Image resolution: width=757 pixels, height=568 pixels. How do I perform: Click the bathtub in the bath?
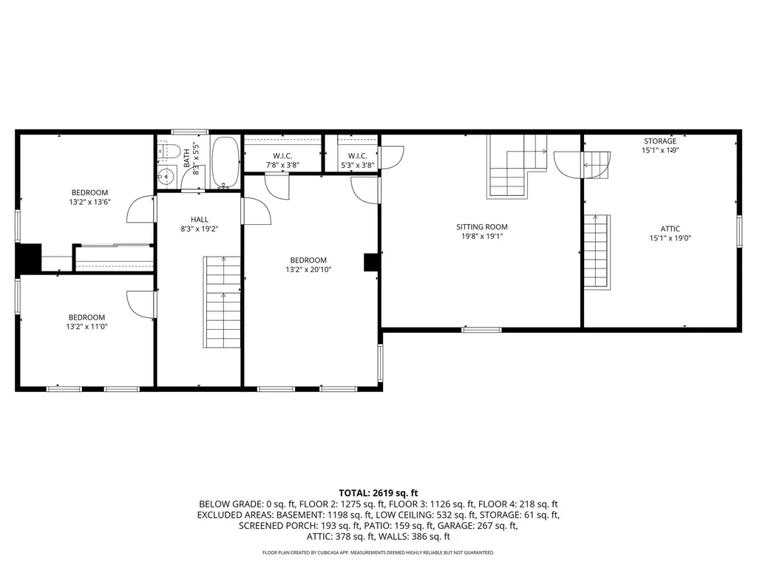(225, 162)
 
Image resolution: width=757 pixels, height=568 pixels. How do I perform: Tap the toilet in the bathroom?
(169, 151)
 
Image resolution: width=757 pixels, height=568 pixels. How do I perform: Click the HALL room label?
(200, 219)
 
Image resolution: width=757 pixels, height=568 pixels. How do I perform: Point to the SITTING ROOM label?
(482, 226)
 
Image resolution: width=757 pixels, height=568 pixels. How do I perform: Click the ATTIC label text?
(670, 229)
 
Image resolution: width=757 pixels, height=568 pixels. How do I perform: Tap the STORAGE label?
(660, 141)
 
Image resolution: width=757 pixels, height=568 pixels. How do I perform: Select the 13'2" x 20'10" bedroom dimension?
(308, 269)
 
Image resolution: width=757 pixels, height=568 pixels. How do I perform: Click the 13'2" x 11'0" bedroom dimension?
(87, 326)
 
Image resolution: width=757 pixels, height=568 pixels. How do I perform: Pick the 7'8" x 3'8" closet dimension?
(282, 165)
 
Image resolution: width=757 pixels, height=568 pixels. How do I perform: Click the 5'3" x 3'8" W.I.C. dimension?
(357, 165)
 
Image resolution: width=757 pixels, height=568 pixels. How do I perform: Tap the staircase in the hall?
(223, 302)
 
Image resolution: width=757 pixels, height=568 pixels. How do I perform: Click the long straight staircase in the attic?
(597, 251)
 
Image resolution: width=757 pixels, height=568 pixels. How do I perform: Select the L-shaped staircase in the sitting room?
(517, 166)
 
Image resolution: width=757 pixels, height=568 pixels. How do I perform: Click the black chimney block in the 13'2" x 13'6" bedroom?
(29, 258)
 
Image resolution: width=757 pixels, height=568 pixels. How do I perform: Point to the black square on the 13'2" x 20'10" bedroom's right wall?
(371, 263)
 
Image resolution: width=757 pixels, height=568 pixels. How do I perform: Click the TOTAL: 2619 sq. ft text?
(378, 493)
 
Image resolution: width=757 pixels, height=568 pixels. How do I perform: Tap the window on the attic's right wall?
(739, 231)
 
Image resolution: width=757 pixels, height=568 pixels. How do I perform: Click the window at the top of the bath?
(190, 132)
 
